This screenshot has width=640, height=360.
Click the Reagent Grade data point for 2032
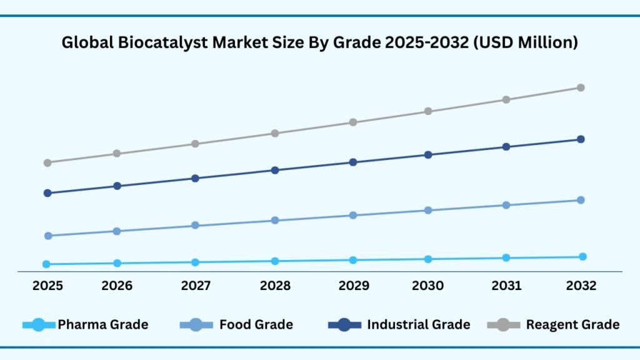pos(581,87)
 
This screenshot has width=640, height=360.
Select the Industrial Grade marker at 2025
pos(47,193)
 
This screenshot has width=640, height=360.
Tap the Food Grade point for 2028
pos(274,220)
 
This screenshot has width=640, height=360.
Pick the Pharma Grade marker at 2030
pos(428,259)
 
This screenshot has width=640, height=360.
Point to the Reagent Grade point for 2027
pos(195,144)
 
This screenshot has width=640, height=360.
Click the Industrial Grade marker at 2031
pos(506,147)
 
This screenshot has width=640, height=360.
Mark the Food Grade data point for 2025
pos(47,236)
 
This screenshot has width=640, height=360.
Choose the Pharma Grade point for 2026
pos(117,263)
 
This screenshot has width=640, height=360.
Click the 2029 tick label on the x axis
pos(353,286)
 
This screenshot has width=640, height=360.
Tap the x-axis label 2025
pos(47,286)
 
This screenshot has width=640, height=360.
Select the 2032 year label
pos(581,286)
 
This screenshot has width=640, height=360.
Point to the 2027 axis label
pos(195,286)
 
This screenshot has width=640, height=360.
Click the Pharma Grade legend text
pos(103,324)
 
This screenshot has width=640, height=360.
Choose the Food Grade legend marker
pos(196,324)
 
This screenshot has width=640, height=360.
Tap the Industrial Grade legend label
pos(418,324)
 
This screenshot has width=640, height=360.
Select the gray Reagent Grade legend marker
pos(504,324)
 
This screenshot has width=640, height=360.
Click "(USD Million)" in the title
pos(530,43)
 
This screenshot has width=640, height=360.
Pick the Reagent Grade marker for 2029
pos(353,122)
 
